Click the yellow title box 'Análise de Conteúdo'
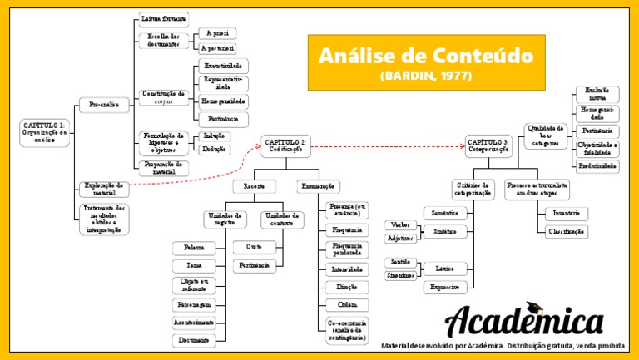tap(424, 62)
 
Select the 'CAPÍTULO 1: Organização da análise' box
tap(44, 133)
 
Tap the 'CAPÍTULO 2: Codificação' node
tap(286, 147)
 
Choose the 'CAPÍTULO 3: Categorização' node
tap(490, 147)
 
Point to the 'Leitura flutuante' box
tap(164, 17)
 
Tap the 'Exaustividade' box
tap(225, 65)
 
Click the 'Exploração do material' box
tap(105, 188)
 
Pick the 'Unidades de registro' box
tap(225, 219)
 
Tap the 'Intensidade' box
tap(347, 269)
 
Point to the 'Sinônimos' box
tap(401, 275)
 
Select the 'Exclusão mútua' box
tap(597, 92)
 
